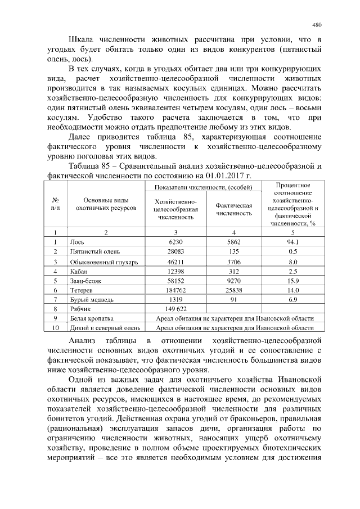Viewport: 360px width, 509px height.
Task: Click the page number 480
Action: (317, 25)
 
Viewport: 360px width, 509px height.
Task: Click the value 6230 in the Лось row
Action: (176, 242)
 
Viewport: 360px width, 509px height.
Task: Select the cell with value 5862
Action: (233, 242)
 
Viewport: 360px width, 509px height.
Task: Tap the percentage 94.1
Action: (292, 242)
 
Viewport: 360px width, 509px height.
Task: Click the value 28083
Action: (176, 251)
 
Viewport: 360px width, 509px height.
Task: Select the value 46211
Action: (176, 262)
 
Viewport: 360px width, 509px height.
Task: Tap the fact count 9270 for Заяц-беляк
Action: (233, 280)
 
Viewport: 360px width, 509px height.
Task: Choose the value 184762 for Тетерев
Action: (176, 290)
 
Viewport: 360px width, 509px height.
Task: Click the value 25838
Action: (233, 290)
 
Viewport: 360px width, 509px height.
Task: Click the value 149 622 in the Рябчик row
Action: (176, 309)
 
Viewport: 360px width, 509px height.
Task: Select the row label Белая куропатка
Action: (92, 318)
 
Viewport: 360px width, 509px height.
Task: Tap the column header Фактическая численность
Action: (233, 209)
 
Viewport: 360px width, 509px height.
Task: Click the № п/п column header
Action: (56, 204)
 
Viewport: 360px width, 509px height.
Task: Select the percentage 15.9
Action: (292, 280)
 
